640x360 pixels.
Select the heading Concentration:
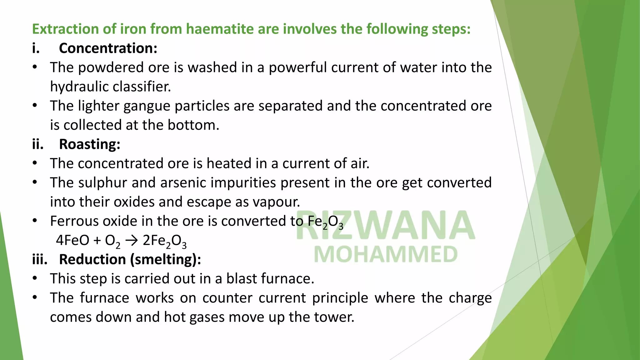108,48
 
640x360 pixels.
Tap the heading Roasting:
90,144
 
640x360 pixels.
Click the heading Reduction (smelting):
130,260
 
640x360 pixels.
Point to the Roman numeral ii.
37,144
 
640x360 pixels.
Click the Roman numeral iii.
40,260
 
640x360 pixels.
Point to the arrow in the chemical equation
131,241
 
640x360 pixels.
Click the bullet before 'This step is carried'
35,278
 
